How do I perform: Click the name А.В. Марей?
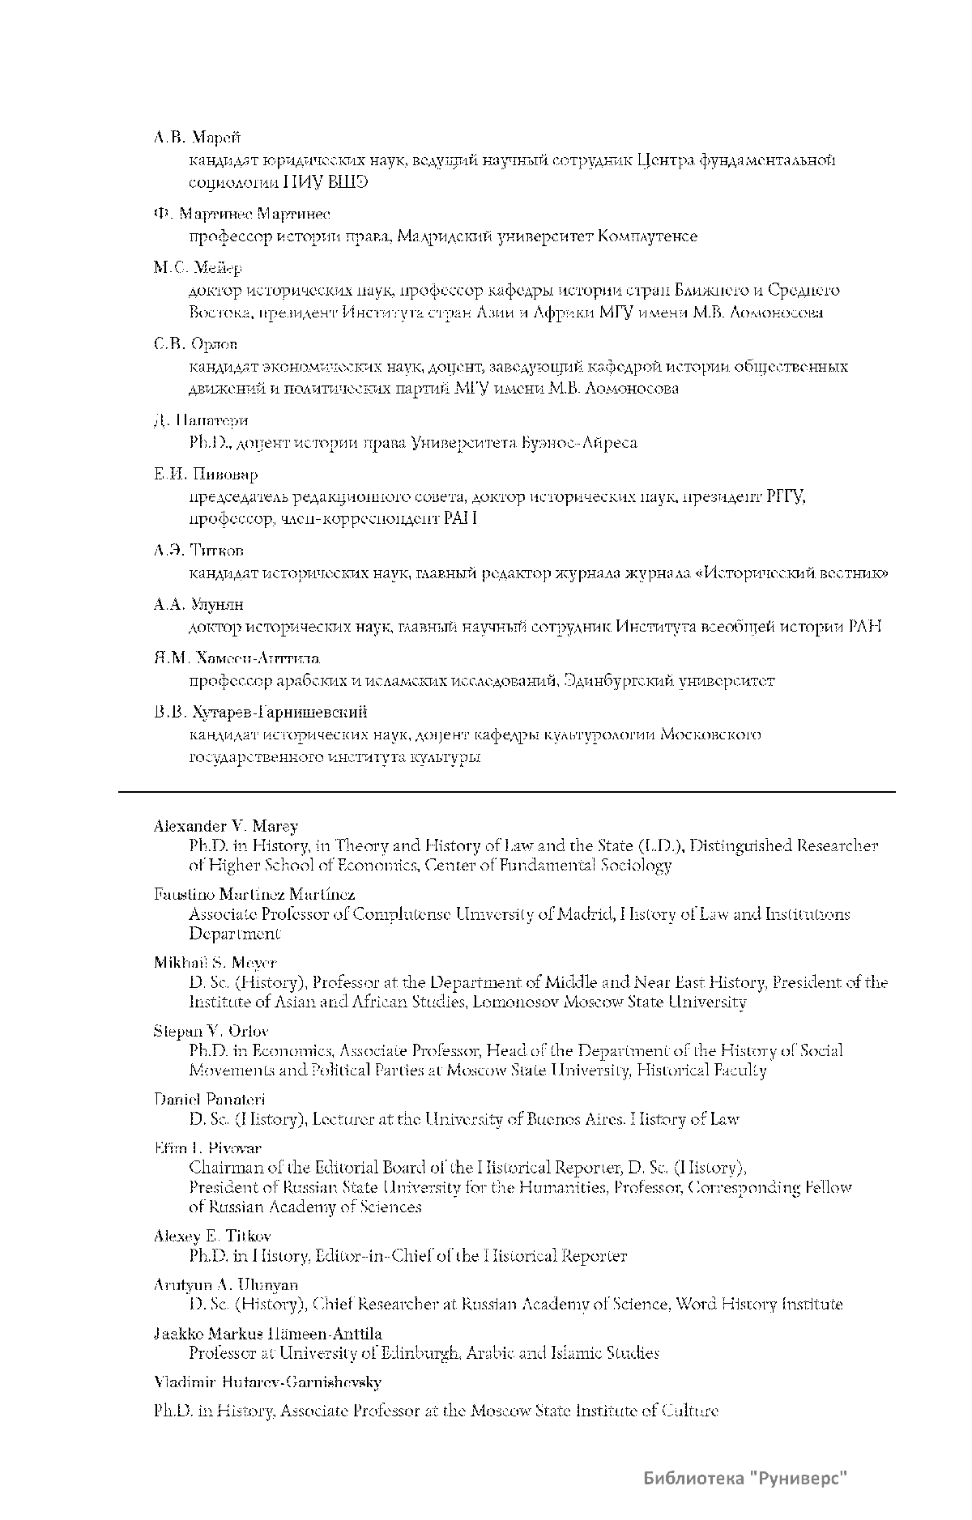[x=197, y=138]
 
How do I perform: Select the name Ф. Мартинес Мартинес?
[x=241, y=214]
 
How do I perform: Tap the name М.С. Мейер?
[x=198, y=268]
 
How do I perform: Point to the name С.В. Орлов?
[x=195, y=344]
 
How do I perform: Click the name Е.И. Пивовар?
[x=206, y=475]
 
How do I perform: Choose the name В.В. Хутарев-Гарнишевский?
[x=260, y=713]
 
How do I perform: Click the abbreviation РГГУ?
[x=785, y=496]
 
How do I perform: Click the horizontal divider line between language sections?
[x=507, y=791]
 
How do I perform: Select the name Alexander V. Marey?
[x=226, y=826]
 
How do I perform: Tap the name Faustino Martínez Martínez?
[x=254, y=894]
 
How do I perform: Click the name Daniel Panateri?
[x=209, y=1099]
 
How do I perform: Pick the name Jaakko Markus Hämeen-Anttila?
[x=267, y=1333]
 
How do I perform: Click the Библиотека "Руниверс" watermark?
[x=745, y=1479]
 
